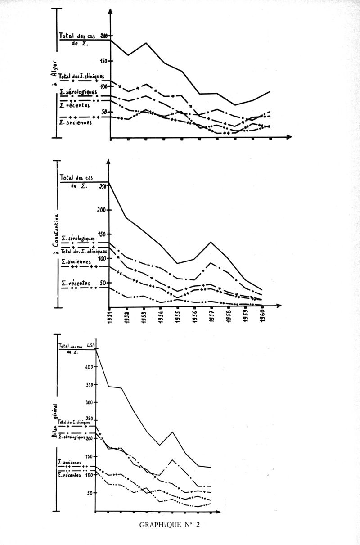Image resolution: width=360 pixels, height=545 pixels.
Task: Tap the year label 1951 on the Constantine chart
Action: coord(110,318)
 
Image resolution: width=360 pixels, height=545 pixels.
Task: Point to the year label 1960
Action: coord(263,318)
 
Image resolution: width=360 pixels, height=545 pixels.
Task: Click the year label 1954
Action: coord(161,318)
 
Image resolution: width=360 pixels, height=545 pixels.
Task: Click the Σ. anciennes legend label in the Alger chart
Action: coord(76,122)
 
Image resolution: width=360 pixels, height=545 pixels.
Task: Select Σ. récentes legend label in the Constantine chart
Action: coord(75,283)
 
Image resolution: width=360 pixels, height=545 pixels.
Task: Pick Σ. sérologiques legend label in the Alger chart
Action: coord(78,91)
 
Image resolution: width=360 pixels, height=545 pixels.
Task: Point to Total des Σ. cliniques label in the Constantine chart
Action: coord(83,251)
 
